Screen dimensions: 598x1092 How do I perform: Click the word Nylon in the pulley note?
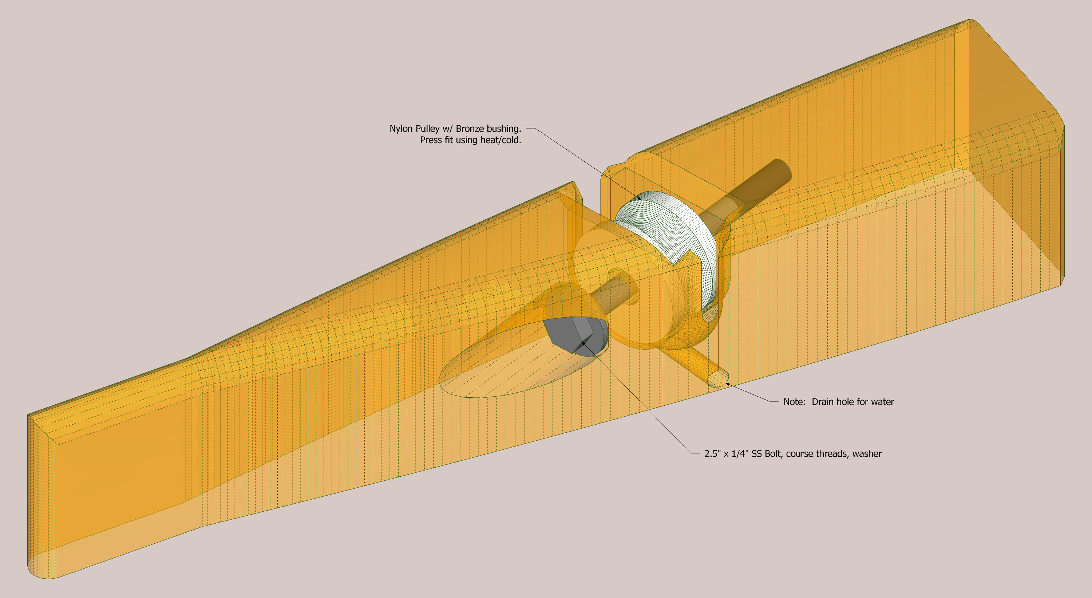[401, 129]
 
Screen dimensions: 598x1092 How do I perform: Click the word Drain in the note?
[823, 402]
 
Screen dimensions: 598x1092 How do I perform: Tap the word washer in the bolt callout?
[867, 454]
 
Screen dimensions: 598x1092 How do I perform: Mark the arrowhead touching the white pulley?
[639, 198]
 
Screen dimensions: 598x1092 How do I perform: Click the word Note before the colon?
[793, 402]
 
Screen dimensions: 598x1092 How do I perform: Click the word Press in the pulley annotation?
[431, 140]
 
